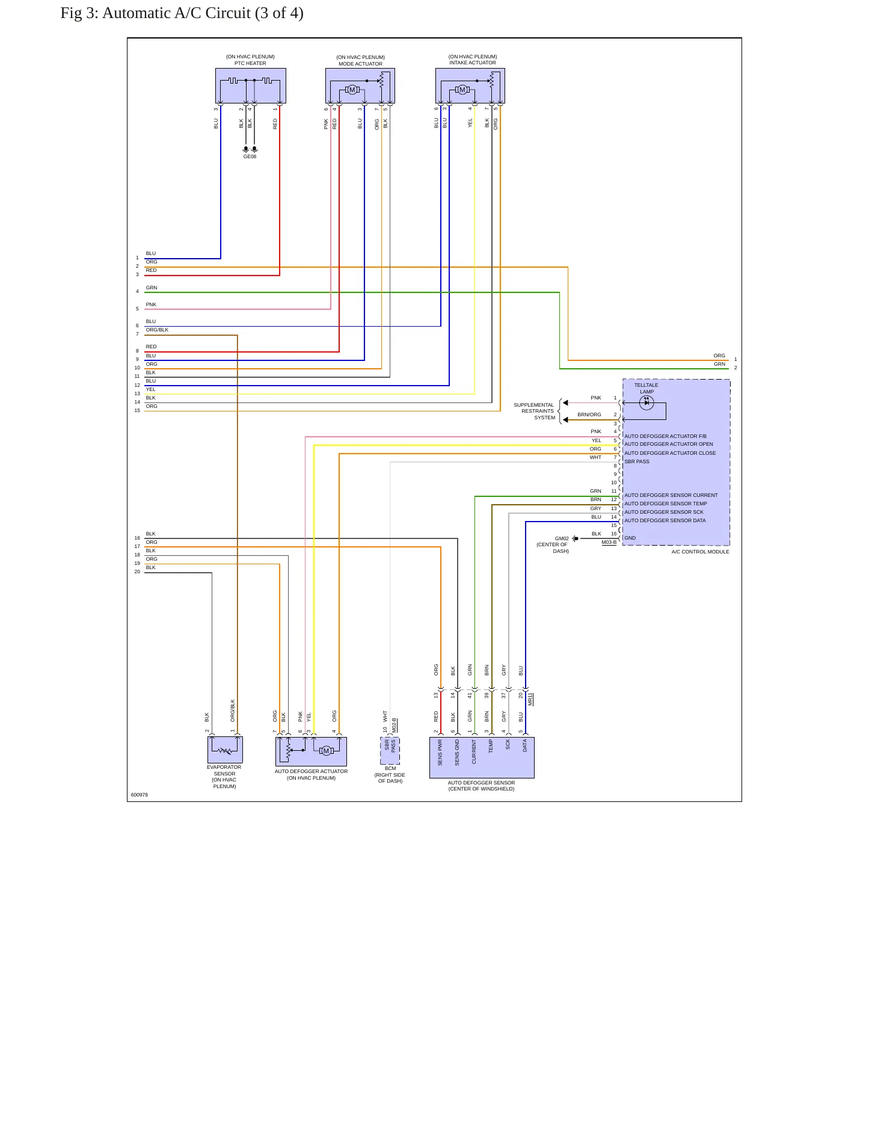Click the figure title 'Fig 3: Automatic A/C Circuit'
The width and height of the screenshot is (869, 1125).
[155, 13]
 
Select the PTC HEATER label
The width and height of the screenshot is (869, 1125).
[250, 63]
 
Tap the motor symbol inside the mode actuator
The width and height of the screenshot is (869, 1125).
[352, 90]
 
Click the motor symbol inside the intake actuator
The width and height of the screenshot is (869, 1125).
[462, 90]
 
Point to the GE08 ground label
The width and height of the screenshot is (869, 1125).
[250, 156]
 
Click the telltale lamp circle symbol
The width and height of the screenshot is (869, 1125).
[646, 403]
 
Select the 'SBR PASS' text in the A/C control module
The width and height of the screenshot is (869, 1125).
[637, 461]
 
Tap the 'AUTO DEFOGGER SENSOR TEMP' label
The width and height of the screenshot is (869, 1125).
[666, 504]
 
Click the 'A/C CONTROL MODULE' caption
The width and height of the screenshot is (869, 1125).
[700, 552]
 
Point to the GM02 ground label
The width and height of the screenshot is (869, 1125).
[562, 538]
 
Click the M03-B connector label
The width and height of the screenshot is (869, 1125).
[609, 543]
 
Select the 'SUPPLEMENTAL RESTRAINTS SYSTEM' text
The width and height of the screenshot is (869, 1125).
[534, 411]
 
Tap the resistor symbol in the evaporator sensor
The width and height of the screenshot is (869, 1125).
[226, 750]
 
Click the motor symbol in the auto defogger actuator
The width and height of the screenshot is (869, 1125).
[326, 750]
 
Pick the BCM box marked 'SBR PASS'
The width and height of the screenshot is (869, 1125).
[390, 751]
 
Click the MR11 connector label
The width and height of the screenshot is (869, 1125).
[530, 699]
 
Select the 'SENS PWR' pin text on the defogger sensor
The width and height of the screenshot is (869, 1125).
[440, 753]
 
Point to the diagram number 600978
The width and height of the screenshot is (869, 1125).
[140, 795]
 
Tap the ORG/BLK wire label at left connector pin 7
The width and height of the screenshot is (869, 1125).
[157, 330]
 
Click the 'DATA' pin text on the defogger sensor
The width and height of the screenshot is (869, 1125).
[524, 746]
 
